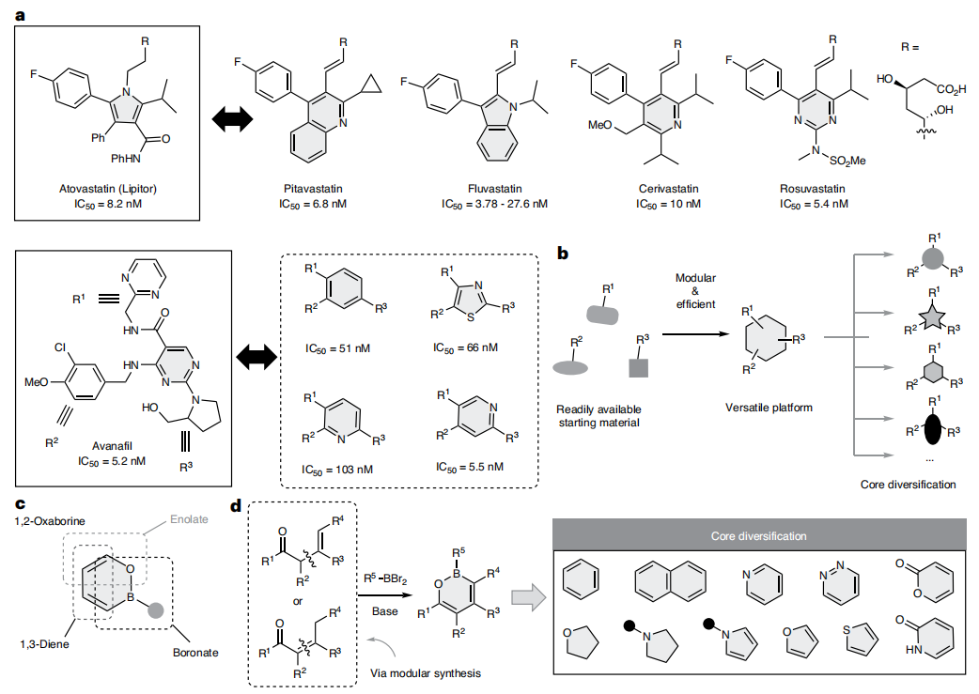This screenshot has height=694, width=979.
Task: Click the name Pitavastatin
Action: tap(305, 189)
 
